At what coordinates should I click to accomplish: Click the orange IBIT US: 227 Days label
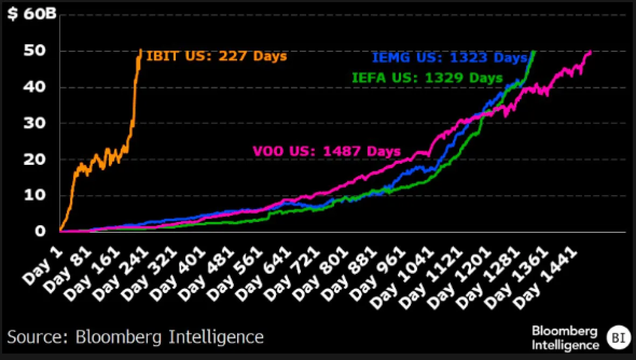(x=217, y=56)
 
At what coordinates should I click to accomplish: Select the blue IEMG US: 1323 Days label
(x=449, y=57)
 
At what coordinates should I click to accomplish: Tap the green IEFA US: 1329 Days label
(x=427, y=78)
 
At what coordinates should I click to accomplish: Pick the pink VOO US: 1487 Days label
(x=327, y=151)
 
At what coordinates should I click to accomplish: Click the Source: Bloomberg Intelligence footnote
(x=135, y=337)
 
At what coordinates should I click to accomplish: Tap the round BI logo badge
(x=616, y=338)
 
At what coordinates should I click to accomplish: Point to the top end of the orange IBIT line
(x=141, y=50)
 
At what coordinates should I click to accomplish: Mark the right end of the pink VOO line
(x=591, y=52)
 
